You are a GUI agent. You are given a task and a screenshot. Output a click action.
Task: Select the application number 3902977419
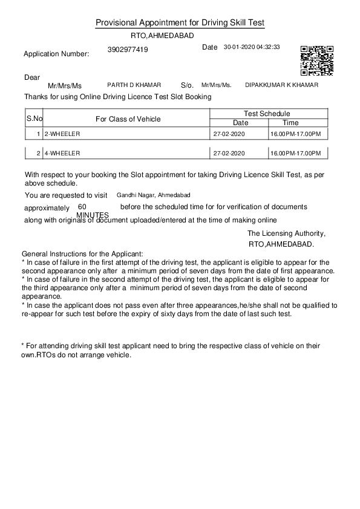click(x=128, y=50)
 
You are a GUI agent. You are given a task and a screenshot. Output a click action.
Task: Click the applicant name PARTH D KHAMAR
click(x=134, y=85)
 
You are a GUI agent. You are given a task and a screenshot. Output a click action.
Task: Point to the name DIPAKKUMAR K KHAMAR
click(x=281, y=85)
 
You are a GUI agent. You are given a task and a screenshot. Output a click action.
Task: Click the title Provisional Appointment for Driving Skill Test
click(x=180, y=23)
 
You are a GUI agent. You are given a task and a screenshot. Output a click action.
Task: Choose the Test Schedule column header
click(x=267, y=114)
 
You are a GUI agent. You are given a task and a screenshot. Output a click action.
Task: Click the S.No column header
click(x=34, y=118)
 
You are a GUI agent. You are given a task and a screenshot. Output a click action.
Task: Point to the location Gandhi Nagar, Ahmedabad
click(x=153, y=195)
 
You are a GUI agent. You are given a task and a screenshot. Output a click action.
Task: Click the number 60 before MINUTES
click(x=82, y=207)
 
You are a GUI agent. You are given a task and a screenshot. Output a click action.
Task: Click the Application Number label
click(x=56, y=54)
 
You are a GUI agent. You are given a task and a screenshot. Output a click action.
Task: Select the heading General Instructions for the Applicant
click(x=82, y=254)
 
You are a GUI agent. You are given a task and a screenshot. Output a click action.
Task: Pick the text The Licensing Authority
click(x=286, y=233)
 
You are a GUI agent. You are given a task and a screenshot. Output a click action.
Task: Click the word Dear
click(x=32, y=77)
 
